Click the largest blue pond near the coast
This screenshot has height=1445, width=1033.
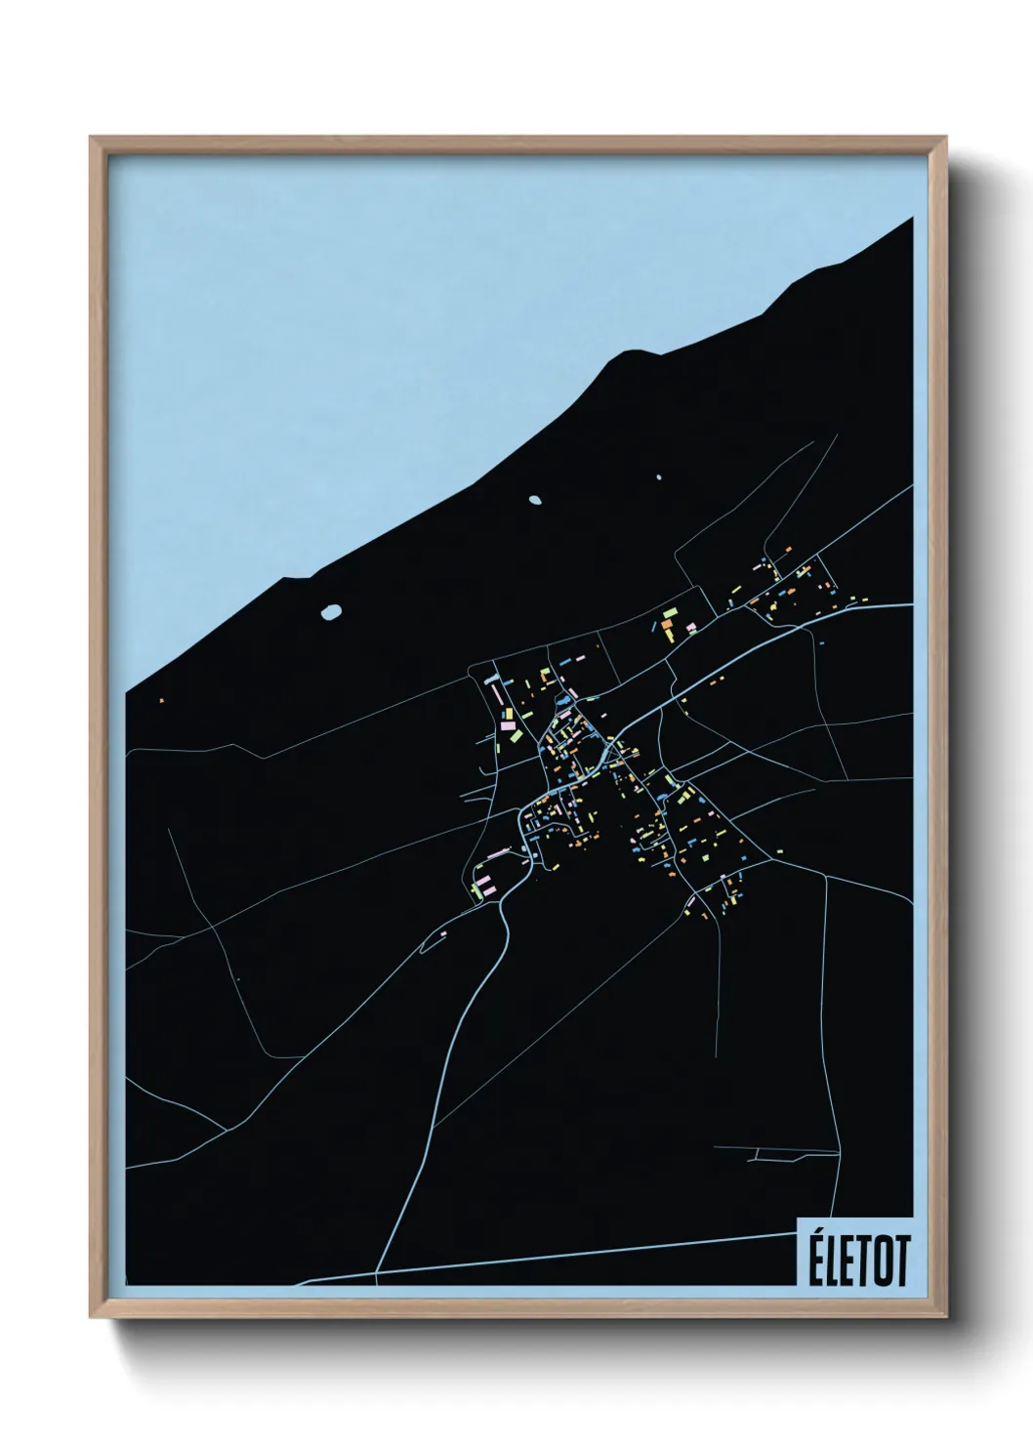point(332,613)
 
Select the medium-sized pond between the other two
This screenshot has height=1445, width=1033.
point(534,500)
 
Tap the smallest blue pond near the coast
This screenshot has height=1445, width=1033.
point(659,477)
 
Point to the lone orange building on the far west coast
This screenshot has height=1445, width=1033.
point(161,699)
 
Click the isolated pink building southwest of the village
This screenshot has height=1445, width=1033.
point(440,934)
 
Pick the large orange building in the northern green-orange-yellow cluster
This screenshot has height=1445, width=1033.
point(669,622)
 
